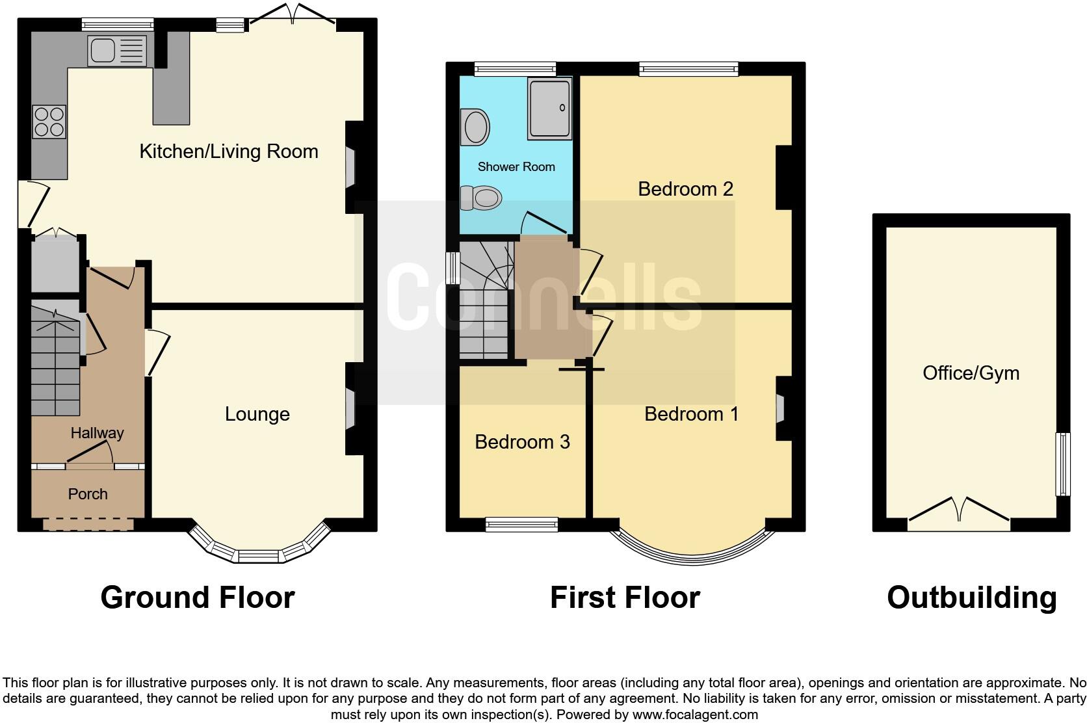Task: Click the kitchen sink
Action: coord(117,50)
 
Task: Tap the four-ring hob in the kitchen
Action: coord(49,122)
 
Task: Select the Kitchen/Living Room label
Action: coord(229,151)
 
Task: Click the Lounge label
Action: coord(257,414)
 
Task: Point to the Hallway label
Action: coord(97,433)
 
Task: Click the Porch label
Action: coord(88,494)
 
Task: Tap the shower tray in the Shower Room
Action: coord(549,108)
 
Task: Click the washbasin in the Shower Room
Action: coord(476,127)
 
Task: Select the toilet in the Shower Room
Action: coord(481,198)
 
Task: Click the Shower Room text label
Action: coord(516,167)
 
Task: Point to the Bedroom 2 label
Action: coord(685,189)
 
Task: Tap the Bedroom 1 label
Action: coord(691,414)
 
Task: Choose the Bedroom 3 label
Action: coord(522,442)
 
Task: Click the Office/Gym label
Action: coord(971,373)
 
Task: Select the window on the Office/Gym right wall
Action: coord(1062,464)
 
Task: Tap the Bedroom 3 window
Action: coord(521,524)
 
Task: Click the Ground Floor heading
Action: coord(198,598)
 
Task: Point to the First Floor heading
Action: coord(625,598)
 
